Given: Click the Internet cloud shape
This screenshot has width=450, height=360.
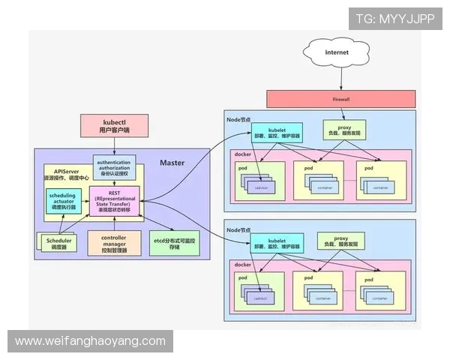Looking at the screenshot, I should [337, 54].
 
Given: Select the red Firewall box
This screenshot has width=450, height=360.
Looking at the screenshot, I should [340, 99].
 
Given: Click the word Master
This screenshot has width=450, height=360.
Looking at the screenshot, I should [172, 163].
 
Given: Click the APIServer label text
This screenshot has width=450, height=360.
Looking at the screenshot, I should [57, 171].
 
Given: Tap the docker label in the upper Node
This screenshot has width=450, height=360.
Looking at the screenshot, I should [242, 154].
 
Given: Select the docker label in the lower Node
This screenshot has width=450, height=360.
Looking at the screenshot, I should [242, 265].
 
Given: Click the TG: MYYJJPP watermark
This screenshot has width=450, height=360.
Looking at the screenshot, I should [394, 18].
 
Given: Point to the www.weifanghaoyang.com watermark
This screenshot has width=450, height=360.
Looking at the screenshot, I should [90, 341].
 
